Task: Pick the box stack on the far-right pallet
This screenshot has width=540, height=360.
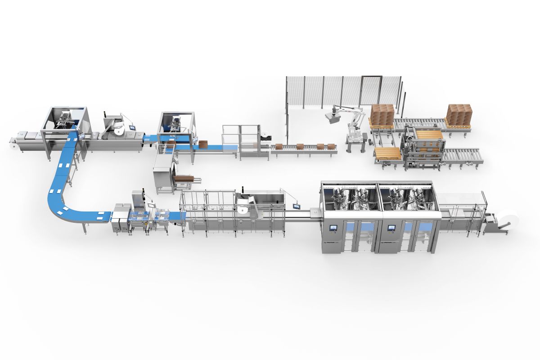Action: (459, 113)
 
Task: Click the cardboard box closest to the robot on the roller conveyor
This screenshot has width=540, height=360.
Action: (332, 146)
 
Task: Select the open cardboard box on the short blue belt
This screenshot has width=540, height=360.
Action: (203, 144)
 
